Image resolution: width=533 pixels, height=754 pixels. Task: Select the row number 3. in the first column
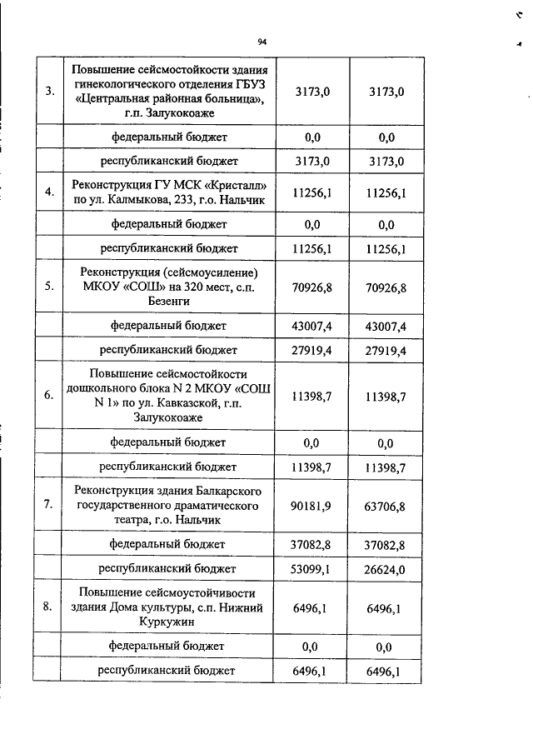coord(50,92)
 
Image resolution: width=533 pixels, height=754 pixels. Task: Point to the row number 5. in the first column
coord(50,287)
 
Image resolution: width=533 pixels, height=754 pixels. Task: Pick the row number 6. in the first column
coord(50,397)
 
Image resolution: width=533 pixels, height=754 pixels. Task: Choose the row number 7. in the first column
coord(50,505)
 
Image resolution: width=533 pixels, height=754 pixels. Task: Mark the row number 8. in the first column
coord(50,607)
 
